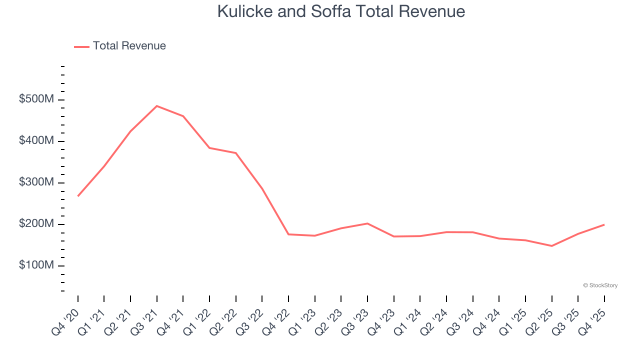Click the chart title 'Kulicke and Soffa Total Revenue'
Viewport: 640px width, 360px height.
pos(341,11)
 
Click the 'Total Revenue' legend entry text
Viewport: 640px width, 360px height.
pos(129,46)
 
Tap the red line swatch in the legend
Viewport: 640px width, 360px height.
pos(81,46)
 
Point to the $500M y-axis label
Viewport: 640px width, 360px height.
pos(36,99)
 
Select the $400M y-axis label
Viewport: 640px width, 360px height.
pos(36,141)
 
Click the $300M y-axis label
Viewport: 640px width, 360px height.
pos(36,182)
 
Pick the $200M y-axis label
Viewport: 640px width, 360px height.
pos(36,224)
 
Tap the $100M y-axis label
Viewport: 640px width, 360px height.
pos(36,265)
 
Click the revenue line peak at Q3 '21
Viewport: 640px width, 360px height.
pos(156,106)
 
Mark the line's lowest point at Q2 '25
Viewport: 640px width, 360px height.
pos(551,246)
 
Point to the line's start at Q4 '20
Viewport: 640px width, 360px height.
pos(78,196)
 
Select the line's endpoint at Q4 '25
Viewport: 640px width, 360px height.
pos(604,224)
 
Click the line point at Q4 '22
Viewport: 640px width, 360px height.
pos(288,234)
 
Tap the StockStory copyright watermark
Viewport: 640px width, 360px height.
pos(600,285)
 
